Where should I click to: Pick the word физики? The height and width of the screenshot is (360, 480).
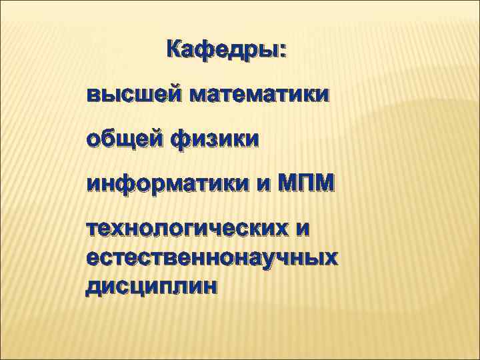click(215, 140)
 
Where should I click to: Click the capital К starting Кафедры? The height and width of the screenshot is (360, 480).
click(175, 50)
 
